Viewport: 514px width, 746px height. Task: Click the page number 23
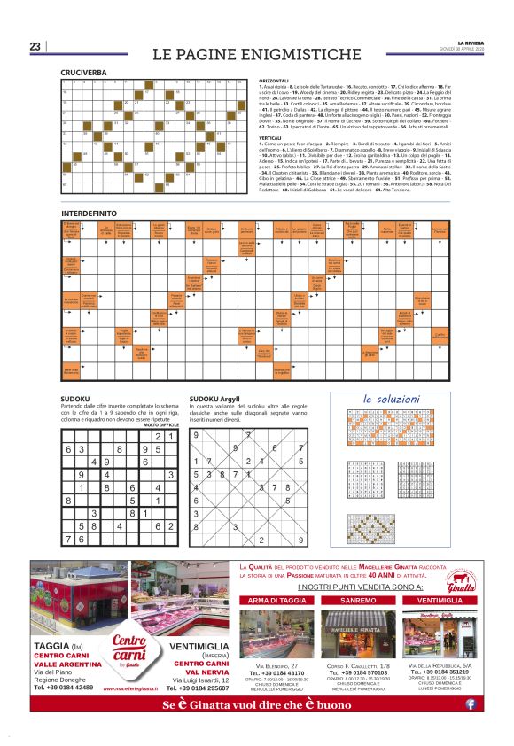35,47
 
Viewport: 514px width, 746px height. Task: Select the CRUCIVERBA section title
83,72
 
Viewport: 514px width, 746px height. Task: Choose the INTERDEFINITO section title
91,214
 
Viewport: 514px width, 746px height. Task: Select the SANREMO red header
356,600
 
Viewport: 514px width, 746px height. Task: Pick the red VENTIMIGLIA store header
440,600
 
